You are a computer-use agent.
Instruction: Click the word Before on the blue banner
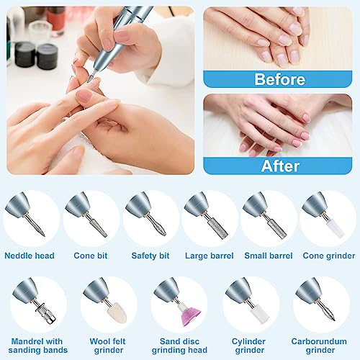click(280, 79)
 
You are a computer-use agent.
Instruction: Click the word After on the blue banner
click(280, 166)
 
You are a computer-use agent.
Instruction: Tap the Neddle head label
click(30, 256)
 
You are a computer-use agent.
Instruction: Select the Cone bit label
click(91, 256)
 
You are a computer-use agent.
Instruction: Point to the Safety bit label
click(150, 256)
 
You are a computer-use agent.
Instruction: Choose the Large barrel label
click(210, 256)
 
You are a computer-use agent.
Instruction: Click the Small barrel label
click(269, 256)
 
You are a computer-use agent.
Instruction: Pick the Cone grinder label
click(329, 256)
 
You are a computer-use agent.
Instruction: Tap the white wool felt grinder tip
click(117, 312)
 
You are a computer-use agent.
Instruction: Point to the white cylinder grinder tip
click(258, 314)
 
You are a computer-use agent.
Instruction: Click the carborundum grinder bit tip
click(333, 320)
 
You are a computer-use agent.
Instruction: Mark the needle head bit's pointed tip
click(44, 235)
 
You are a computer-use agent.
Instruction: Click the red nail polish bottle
click(55, 19)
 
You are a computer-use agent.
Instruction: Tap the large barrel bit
click(217, 227)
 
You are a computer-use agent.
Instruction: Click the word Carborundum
click(319, 341)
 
